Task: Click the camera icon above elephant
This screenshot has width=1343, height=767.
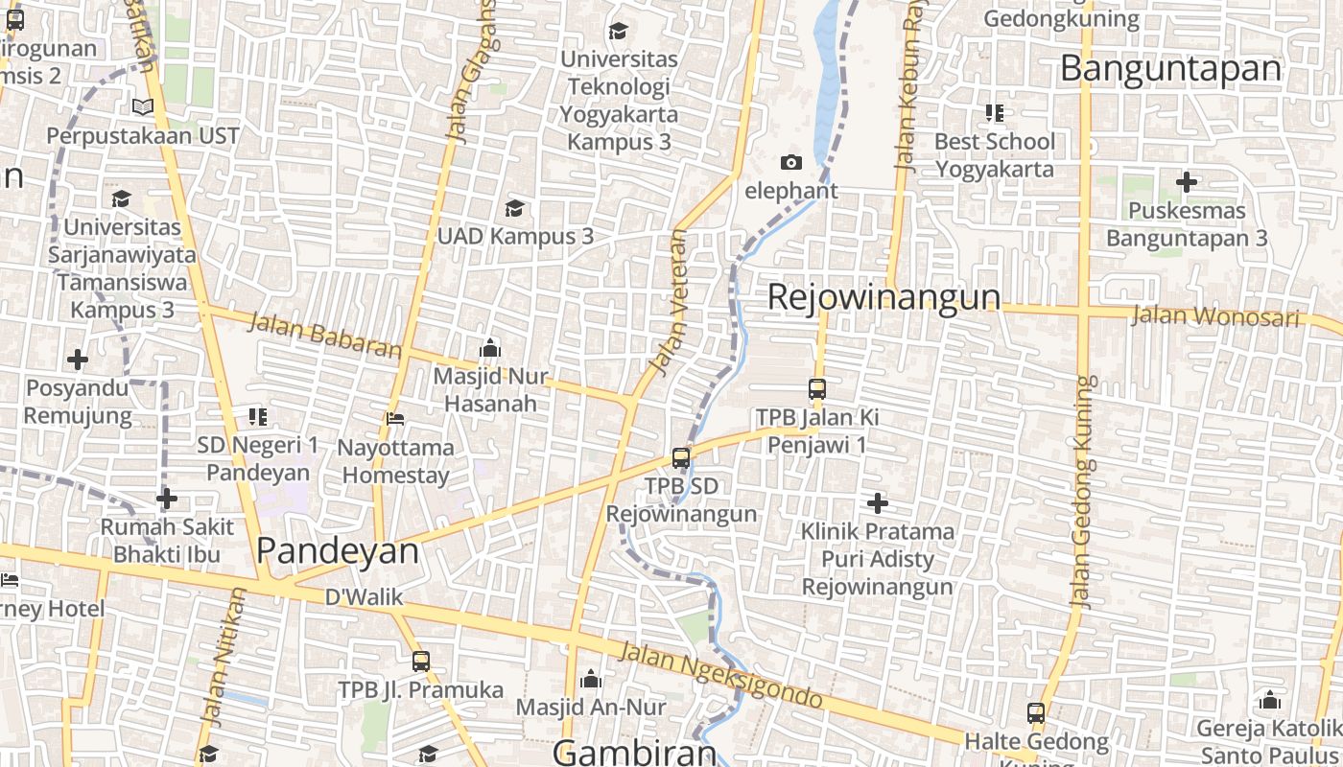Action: pos(790,162)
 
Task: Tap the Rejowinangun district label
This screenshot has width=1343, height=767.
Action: pos(884,297)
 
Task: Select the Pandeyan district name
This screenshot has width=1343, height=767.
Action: pos(338,550)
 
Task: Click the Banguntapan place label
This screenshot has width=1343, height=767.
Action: pos(1170,69)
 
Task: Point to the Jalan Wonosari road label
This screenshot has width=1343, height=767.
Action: pos(1215,315)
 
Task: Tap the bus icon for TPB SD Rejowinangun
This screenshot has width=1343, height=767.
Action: pos(681,458)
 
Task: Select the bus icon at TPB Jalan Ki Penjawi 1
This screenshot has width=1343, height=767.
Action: pos(816,389)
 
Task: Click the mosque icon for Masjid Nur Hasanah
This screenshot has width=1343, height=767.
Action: pos(490,347)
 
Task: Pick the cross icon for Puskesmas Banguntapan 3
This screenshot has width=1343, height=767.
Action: pos(1187,181)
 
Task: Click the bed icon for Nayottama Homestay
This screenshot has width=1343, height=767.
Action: pos(394,418)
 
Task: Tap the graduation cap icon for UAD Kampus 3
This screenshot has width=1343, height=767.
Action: pos(515,208)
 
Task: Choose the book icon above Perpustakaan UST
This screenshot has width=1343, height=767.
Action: pos(143,106)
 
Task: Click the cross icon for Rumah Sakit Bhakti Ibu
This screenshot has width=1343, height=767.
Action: pos(167,499)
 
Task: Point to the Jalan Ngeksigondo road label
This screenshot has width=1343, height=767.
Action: pos(720,676)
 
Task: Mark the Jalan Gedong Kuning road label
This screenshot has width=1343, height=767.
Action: pos(1082,491)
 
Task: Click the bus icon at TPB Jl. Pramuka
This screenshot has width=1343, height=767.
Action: pos(420,661)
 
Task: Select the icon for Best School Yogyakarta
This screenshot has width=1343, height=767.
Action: pos(994,113)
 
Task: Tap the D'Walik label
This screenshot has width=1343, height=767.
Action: pos(364,597)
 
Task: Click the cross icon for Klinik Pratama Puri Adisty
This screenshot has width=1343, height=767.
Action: pos(877,502)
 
